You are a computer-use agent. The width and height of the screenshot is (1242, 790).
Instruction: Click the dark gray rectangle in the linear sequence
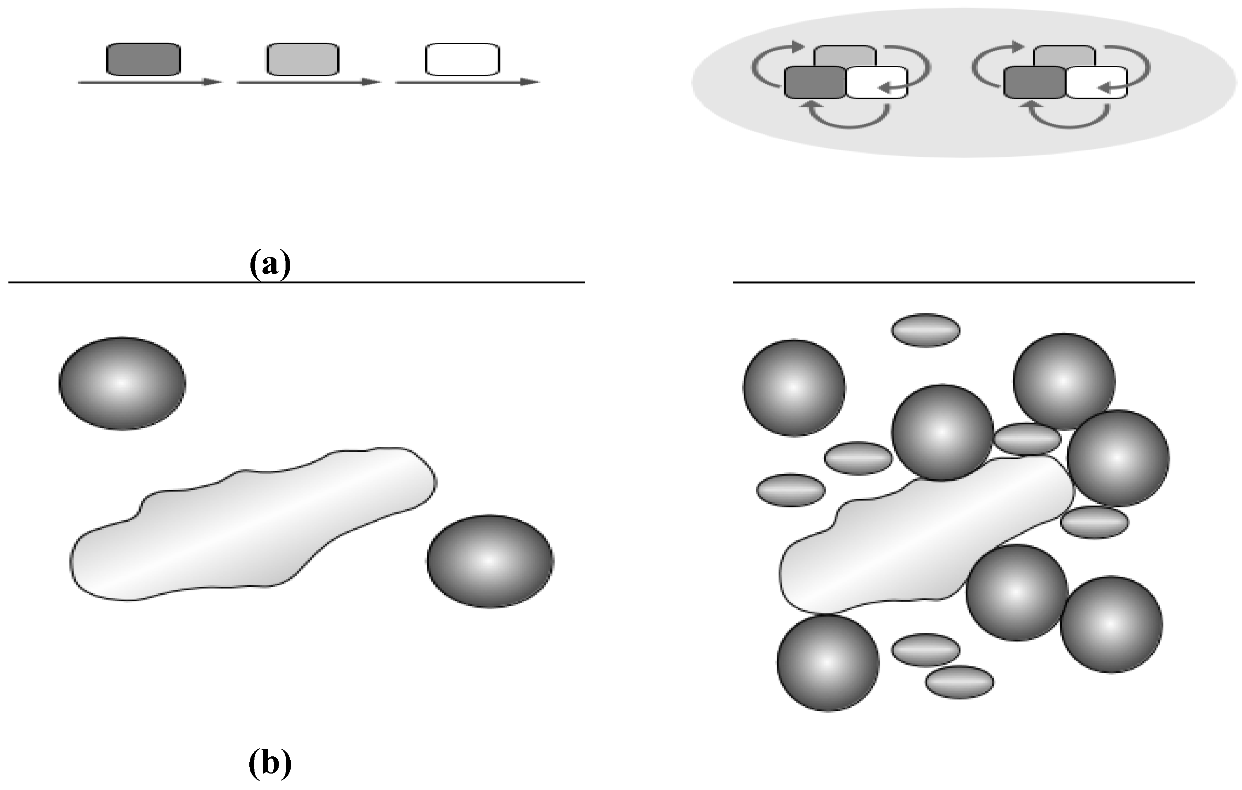[143, 59]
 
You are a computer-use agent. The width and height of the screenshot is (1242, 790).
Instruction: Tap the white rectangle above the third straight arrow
[463, 59]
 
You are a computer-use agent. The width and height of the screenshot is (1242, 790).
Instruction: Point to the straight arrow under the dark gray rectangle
[150, 82]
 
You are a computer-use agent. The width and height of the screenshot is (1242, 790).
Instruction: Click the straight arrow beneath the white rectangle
[467, 82]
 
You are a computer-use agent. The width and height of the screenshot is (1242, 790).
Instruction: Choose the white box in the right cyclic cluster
[1096, 83]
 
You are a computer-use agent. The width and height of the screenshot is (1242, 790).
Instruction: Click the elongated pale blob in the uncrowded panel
[253, 526]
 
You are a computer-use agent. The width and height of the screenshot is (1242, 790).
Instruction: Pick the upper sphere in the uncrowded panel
[122, 383]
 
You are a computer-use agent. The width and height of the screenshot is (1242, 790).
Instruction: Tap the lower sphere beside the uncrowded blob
[490, 561]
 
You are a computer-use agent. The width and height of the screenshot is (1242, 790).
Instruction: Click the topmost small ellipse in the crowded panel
[926, 330]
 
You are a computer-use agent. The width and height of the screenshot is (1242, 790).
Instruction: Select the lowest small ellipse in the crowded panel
[959, 682]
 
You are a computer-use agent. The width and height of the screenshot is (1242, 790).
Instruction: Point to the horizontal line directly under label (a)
[297, 282]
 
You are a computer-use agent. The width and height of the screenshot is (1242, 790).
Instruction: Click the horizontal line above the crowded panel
[963, 282]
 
